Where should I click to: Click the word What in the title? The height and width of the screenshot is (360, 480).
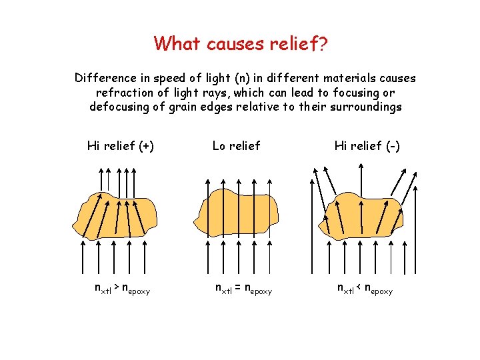(177, 43)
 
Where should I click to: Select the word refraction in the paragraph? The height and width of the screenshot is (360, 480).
(124, 93)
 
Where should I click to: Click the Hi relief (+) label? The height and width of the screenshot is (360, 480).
(121, 145)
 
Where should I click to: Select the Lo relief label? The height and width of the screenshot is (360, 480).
(236, 145)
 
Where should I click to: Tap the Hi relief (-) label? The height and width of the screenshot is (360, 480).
(367, 145)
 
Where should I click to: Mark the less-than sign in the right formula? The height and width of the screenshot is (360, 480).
(360, 288)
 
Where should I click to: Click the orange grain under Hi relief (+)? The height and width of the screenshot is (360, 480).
(119, 212)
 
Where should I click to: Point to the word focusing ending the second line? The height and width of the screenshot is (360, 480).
(358, 93)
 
